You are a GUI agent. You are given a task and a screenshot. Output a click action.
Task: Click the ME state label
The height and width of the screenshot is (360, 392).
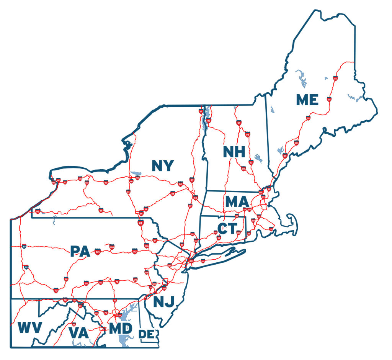pos(307,100)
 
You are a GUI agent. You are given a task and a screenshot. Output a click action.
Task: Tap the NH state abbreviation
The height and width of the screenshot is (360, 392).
pos(234,152)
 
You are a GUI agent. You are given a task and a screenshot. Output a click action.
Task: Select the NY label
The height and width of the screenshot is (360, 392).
pos(163,166)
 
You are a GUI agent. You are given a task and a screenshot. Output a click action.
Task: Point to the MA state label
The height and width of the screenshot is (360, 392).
pos(237,201)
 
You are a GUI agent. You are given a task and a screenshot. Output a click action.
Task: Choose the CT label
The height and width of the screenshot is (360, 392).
pos(227,229)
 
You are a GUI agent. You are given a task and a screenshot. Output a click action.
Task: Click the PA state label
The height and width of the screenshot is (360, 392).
pos(80,252)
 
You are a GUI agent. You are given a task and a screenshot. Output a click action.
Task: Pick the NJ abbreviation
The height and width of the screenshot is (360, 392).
pos(164,302)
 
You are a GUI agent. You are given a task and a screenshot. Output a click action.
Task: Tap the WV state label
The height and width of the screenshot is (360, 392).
pos(29,328)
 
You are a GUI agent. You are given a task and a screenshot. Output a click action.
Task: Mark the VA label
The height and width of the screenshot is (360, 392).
pos(79,332)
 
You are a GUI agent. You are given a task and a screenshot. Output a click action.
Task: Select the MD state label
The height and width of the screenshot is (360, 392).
pos(121,329)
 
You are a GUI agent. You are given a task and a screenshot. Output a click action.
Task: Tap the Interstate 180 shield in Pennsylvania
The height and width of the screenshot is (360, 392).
pos(112,247)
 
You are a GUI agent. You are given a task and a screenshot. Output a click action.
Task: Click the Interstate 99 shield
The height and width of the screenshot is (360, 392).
pos(66,279)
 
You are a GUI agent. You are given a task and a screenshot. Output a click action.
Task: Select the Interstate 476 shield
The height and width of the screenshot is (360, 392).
pos(146,272)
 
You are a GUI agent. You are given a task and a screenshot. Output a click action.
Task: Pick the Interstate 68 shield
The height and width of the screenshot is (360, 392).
pos(65,300)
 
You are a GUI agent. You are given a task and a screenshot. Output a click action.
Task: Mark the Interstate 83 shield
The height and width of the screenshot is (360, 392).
pos(114,301)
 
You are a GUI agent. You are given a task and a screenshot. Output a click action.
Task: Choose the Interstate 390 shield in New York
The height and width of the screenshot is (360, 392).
pos(87,183)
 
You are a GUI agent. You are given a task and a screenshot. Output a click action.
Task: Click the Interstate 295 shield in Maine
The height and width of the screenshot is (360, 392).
pos(297,143)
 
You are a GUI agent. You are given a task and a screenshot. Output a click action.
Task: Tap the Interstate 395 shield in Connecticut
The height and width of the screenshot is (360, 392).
pos(238,232)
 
